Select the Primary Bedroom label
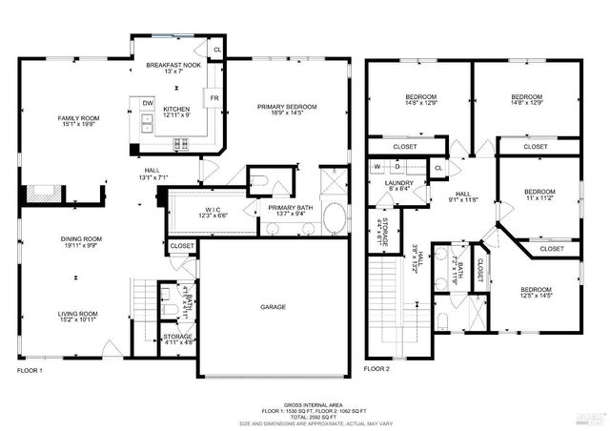pos(286,107)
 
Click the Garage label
pos(274,307)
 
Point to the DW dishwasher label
pos(148,103)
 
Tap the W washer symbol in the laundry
pos(376,167)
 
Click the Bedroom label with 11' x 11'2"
pos(539,192)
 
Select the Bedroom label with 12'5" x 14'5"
pos(537,289)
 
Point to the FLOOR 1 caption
pos(30,369)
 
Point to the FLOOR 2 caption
pos(378,369)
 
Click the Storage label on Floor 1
pos(179,337)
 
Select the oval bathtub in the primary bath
pos(333,217)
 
